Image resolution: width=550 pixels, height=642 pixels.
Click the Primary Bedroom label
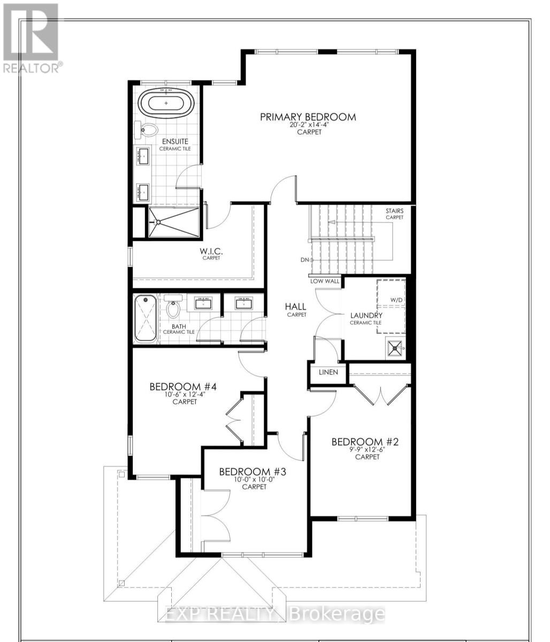click(308, 117)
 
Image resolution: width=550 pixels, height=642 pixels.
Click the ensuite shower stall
click(175, 222)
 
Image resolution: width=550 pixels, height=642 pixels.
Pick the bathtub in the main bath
click(145, 319)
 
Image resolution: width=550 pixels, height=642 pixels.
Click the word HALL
click(295, 307)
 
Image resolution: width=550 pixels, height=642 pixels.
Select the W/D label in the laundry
click(396, 300)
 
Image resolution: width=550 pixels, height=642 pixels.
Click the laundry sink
click(395, 348)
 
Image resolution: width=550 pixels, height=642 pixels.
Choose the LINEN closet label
click(328, 372)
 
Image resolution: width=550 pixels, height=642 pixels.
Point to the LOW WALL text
click(324, 281)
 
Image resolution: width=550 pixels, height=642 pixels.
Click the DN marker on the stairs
click(306, 260)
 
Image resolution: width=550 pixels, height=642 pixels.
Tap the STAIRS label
click(395, 211)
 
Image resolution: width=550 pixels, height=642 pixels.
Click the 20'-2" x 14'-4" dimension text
click(309, 125)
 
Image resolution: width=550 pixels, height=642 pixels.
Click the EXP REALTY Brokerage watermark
click(274, 614)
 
